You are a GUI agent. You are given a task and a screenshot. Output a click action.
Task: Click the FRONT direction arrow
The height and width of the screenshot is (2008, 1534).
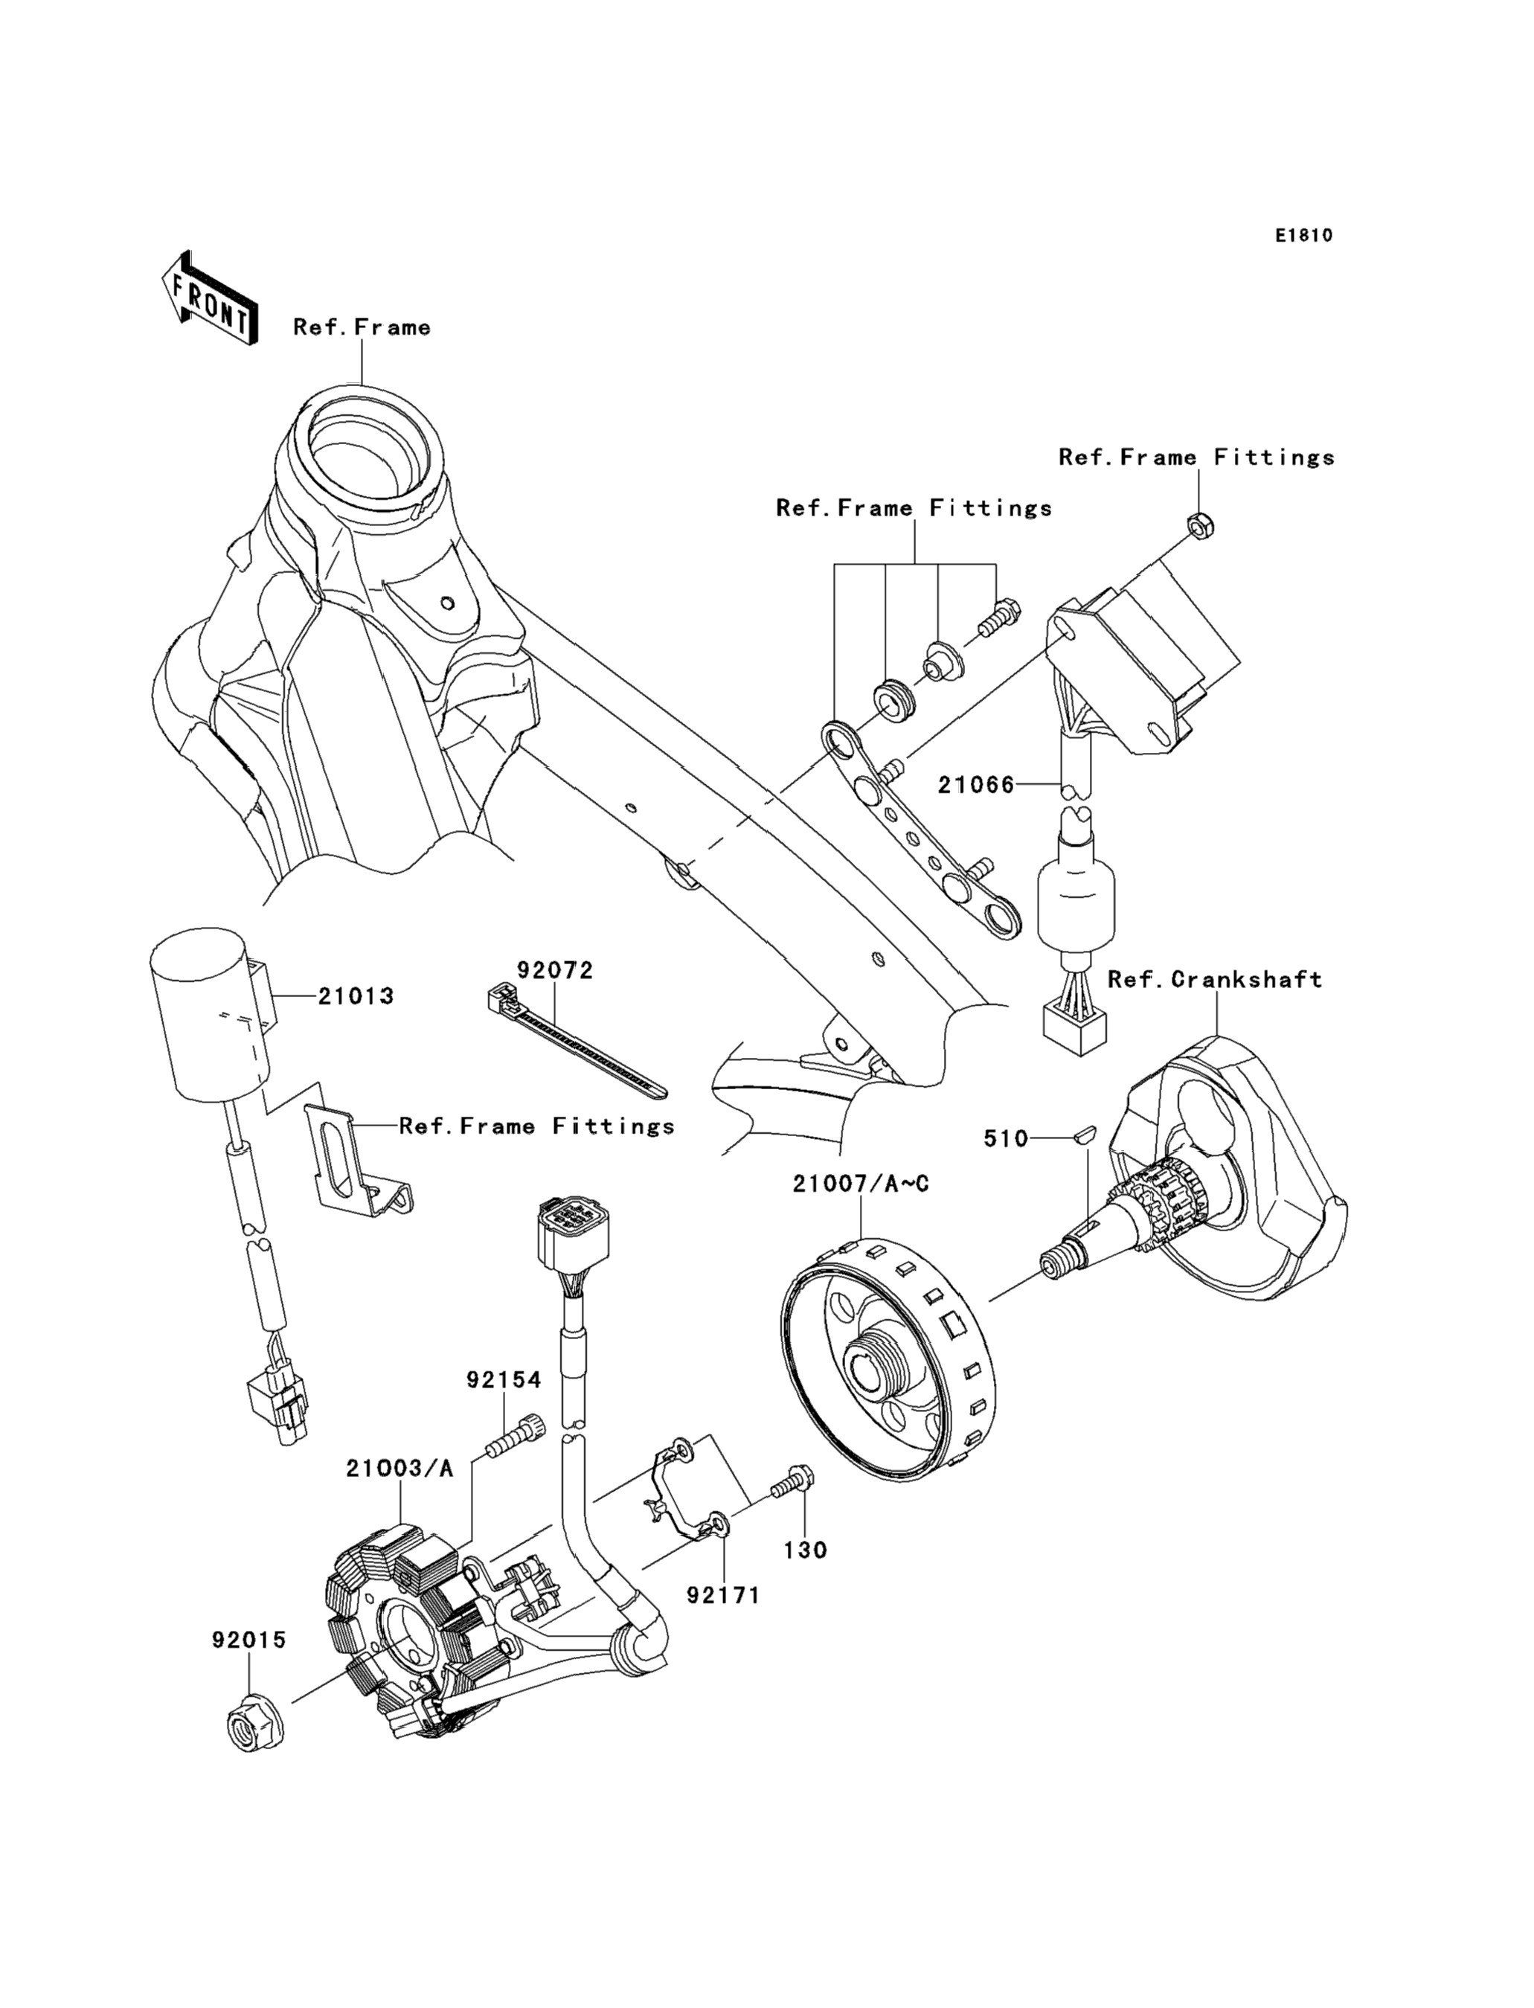coord(208,298)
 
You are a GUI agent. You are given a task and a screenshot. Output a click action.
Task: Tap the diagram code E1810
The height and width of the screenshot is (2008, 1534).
coord(1304,236)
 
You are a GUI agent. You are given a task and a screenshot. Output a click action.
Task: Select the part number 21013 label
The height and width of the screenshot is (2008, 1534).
coord(356,996)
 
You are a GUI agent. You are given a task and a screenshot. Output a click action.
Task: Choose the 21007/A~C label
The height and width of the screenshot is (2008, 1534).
coord(861,1184)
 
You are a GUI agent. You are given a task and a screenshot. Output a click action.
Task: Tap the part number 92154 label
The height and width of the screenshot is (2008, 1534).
coord(504,1380)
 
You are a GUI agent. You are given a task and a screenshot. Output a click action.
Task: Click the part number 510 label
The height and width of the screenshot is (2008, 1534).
coord(1005,1139)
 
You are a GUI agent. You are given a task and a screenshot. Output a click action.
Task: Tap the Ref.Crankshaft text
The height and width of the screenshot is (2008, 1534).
coord(1214,980)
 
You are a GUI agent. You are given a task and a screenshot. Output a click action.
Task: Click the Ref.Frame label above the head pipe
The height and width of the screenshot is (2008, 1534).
coord(362,327)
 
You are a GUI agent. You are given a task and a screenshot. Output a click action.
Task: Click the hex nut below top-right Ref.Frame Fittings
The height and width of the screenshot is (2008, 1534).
coord(1200,525)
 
